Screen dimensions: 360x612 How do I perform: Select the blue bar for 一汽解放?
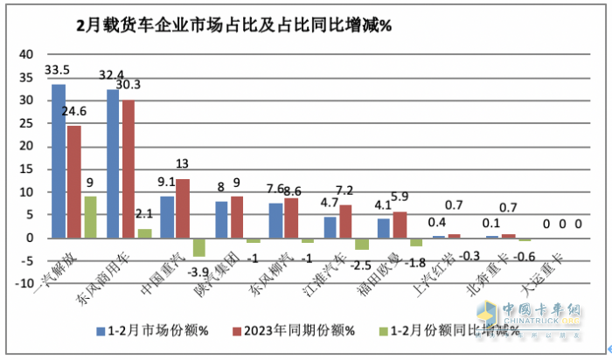tap(58, 161)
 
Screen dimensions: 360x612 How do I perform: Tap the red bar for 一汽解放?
tap(73, 181)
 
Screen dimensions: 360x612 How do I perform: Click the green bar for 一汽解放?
tap(89, 217)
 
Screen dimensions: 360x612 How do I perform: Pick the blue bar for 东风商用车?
tap(113, 163)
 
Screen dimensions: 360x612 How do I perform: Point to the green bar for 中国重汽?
tap(198, 246)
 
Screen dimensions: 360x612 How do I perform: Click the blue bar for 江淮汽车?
tap(330, 227)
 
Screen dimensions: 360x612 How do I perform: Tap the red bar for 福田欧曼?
tap(400, 225)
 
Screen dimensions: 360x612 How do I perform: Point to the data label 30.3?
tap(139, 85)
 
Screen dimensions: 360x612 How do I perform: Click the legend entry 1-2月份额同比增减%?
tap(446, 330)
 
